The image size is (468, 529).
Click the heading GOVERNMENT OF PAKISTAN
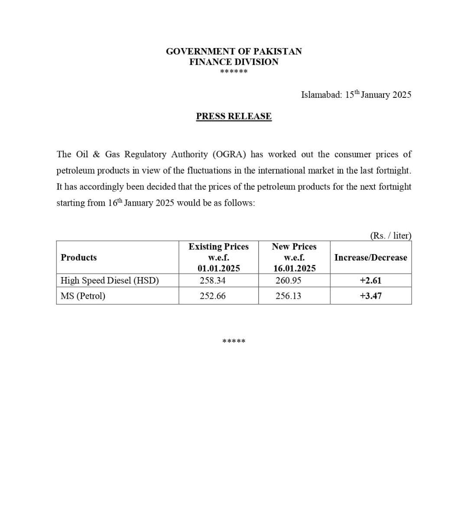pyautogui.click(x=234, y=52)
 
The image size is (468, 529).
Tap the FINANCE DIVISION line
pyautogui.click(x=234, y=62)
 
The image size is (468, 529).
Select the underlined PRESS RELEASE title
pyautogui.click(x=234, y=116)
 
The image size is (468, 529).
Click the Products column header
pyautogui.click(x=78, y=258)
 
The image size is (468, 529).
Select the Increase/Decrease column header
pyautogui.click(x=370, y=258)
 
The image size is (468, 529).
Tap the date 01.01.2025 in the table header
pyautogui.click(x=218, y=268)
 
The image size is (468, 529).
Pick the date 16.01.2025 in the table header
pyautogui.click(x=294, y=268)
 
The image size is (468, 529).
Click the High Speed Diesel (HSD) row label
pyautogui.click(x=110, y=281)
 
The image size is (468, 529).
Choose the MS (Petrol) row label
pyautogui.click(x=83, y=296)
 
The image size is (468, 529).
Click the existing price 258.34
pyautogui.click(x=212, y=281)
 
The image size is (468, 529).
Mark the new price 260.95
pyautogui.click(x=288, y=281)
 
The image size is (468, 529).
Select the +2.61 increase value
pyautogui.click(x=370, y=281)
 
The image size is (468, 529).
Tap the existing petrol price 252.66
pyautogui.click(x=212, y=296)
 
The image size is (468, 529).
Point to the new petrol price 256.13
pyautogui.click(x=288, y=296)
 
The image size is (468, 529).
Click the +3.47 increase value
pyautogui.click(x=370, y=296)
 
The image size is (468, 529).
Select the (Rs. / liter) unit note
pyautogui.click(x=390, y=235)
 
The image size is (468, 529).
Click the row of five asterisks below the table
pyautogui.click(x=234, y=342)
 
